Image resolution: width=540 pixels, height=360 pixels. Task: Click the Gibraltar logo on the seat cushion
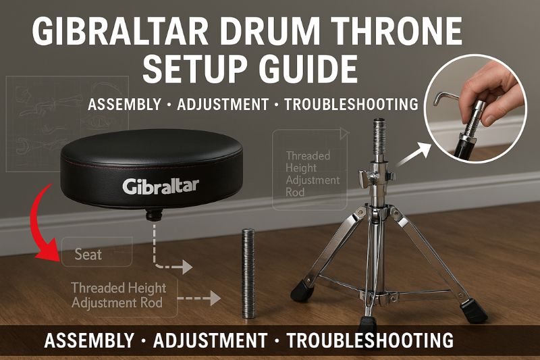161,186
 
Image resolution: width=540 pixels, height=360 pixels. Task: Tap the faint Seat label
88,255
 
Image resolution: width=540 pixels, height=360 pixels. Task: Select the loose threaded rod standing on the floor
248,273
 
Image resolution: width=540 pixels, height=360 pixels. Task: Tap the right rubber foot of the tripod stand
475,311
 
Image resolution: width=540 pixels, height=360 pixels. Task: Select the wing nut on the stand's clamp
364,178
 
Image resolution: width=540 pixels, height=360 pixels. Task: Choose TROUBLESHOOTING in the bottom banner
370,340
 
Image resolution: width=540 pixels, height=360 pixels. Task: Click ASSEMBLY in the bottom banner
89,340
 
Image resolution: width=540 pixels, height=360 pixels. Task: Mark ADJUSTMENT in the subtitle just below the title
223,105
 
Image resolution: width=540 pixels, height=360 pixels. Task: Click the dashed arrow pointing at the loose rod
198,298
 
